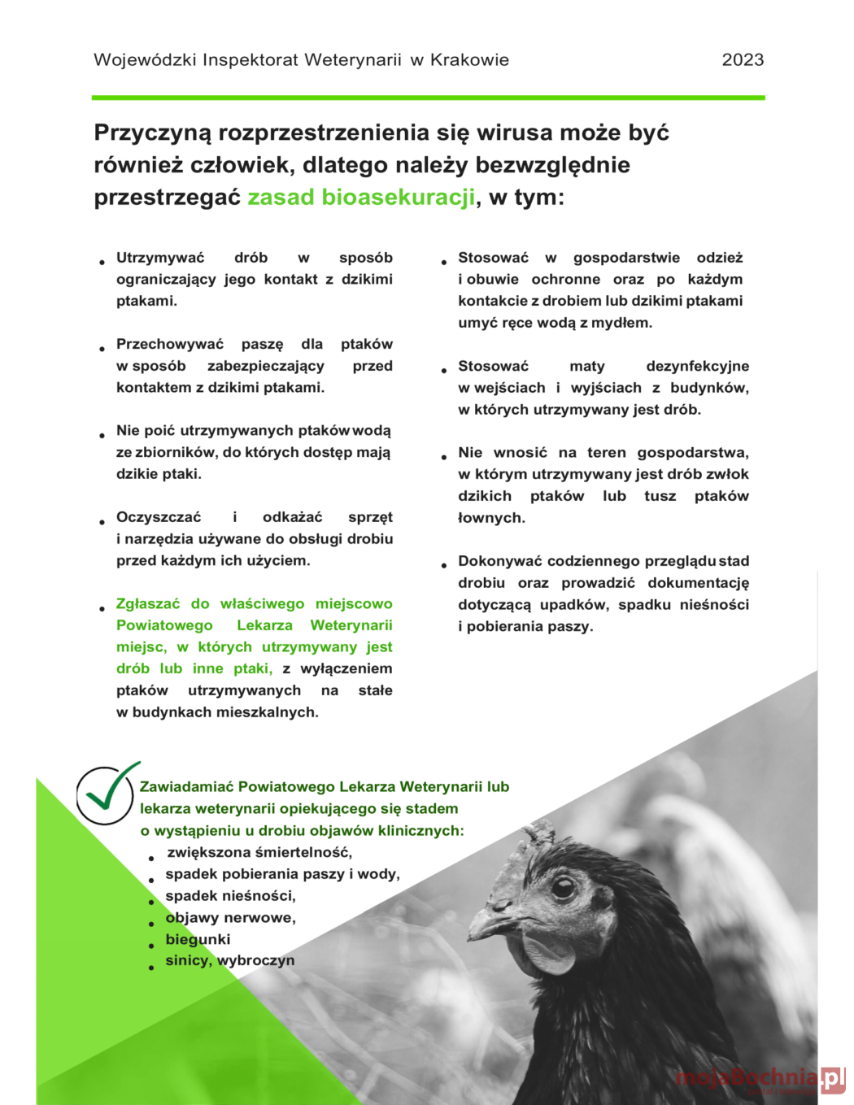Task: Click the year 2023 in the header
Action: [743, 59]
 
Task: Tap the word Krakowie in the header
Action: [469, 59]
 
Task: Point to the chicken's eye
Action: [563, 886]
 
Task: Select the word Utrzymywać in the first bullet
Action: [160, 258]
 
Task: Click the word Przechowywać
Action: [169, 344]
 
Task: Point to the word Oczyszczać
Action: [159, 517]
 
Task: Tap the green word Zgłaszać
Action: [148, 604]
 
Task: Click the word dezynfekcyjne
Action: [697, 366]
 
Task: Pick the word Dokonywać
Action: [500, 561]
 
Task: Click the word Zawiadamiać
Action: [186, 787]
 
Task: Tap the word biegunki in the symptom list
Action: [198, 939]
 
